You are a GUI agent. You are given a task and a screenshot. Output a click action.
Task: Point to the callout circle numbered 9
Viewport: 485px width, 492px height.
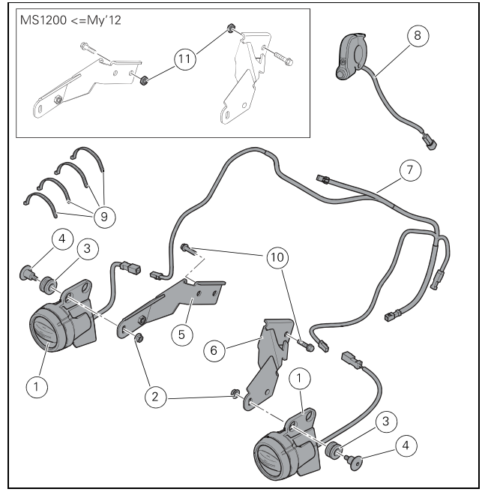coord(102,216)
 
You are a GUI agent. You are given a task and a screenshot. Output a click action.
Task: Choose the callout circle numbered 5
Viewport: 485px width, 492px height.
coord(179,334)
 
